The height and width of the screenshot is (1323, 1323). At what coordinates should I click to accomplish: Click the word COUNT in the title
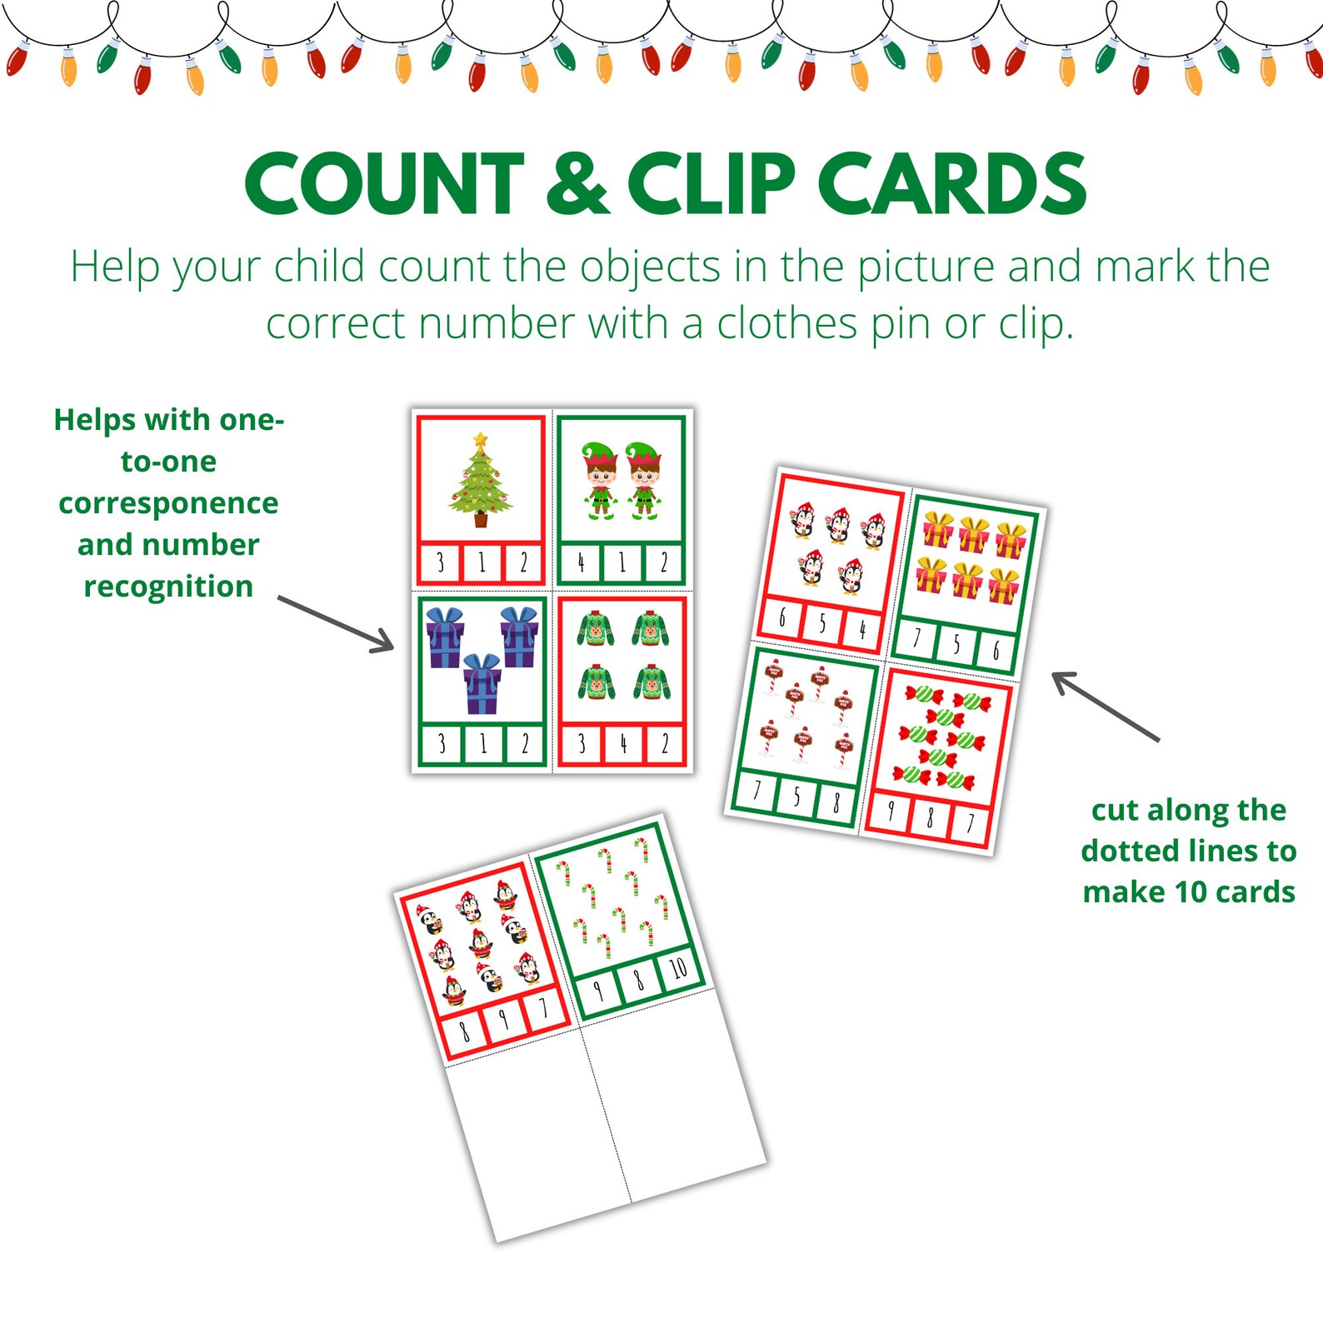pos(385,185)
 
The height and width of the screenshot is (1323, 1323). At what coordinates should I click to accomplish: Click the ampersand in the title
pos(577,185)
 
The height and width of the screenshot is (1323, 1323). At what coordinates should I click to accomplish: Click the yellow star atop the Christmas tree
pos(480,439)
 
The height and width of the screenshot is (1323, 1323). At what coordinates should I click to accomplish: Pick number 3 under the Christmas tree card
pos(441,564)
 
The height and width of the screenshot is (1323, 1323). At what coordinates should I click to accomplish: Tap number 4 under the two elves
pos(581,564)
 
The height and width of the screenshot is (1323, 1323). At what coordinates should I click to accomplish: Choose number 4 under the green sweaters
pos(622,743)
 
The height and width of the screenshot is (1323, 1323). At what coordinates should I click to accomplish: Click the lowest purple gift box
pos(482,685)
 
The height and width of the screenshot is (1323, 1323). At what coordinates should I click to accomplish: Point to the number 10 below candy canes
pos(678,967)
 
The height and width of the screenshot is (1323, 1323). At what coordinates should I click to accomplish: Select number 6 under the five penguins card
pos(782,617)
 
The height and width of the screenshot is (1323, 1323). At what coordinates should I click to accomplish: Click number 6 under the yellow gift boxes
pos(995,651)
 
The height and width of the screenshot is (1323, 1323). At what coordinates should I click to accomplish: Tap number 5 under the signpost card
pos(796,797)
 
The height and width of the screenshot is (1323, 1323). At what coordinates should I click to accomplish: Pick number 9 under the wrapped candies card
pos(891,809)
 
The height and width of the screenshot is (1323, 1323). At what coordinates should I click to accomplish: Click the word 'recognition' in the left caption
pos(168,587)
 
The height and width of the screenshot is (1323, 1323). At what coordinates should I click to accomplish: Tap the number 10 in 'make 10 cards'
pos(1191,892)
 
